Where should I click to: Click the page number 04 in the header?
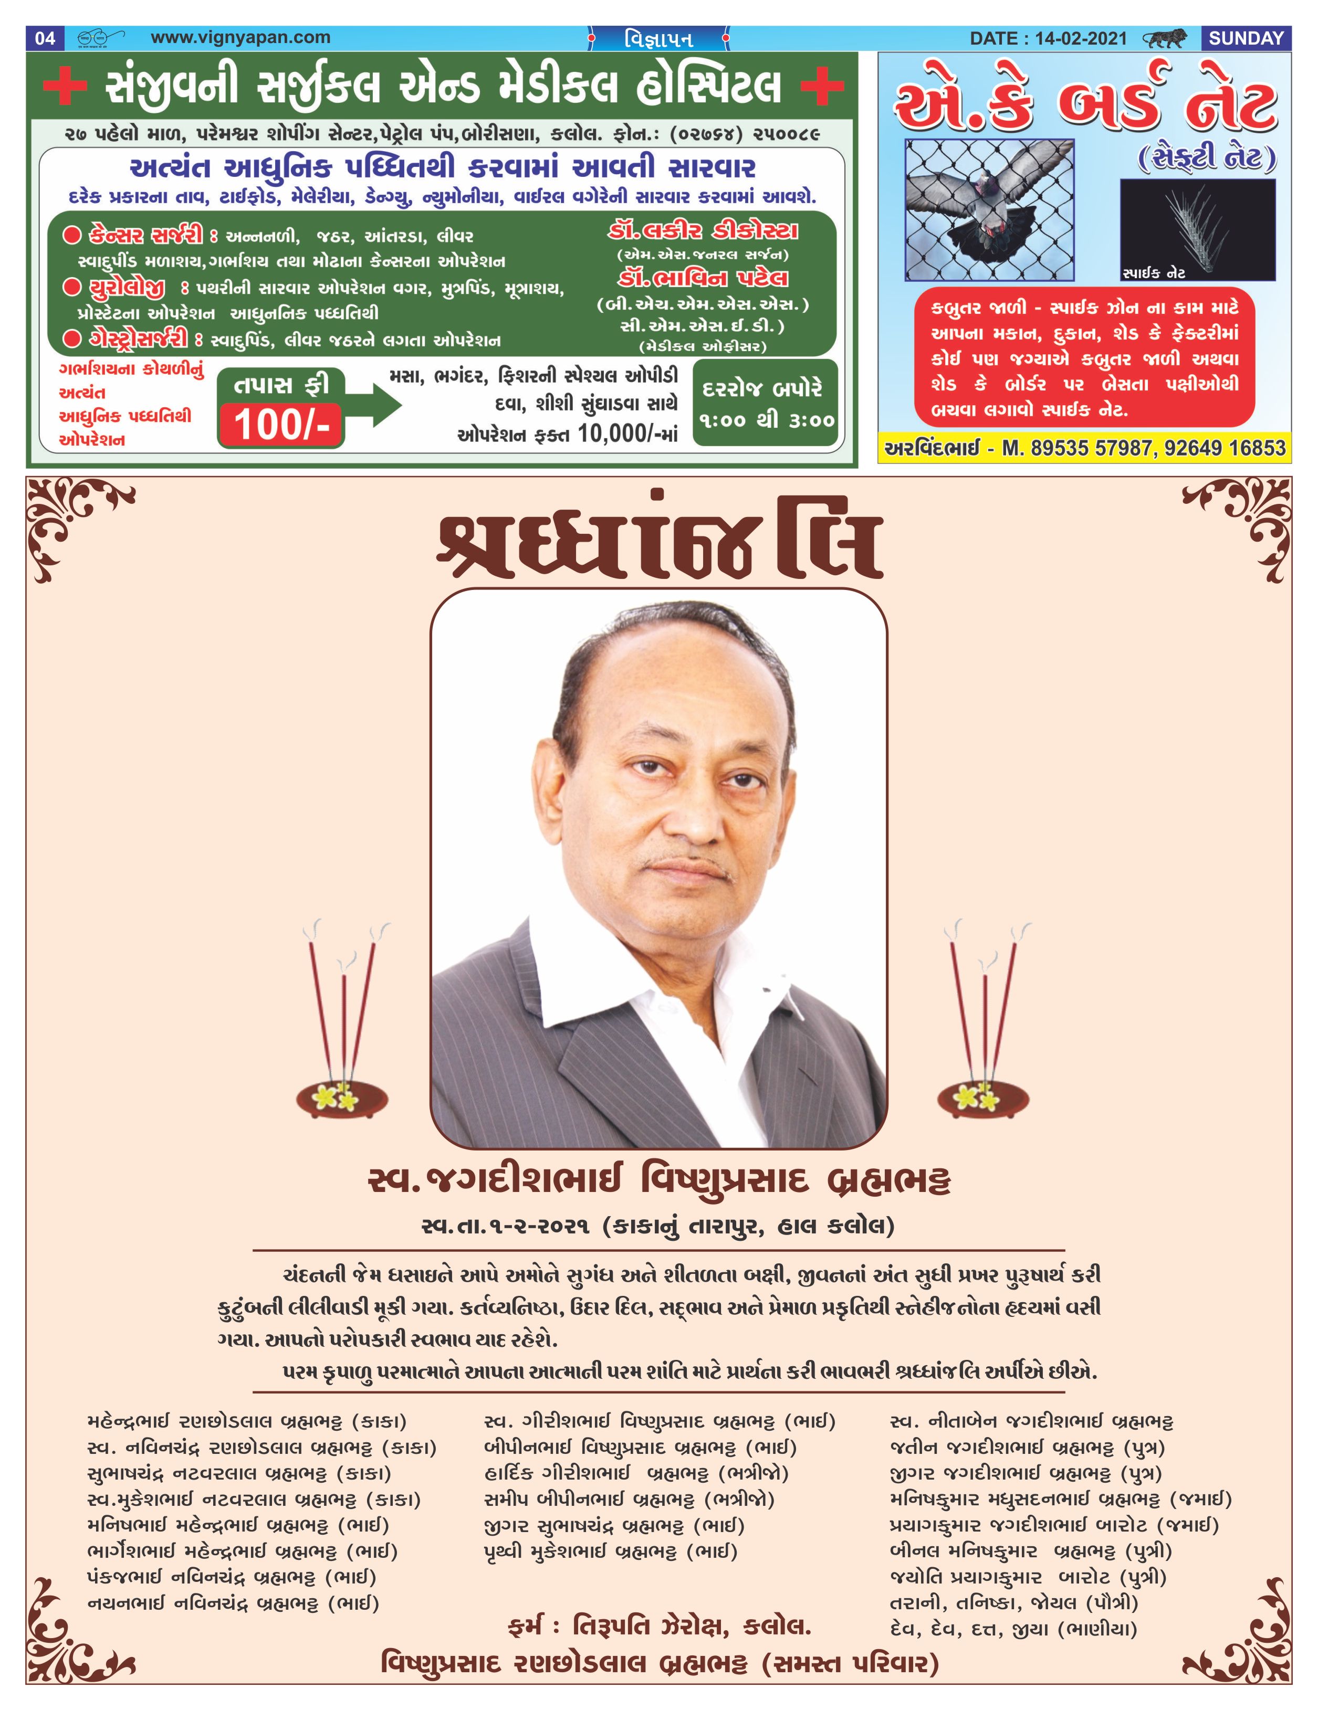tap(46, 38)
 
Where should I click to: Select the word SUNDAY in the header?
tap(1246, 38)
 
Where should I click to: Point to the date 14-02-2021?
tap(1080, 38)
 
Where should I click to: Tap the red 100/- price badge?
tap(281, 425)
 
